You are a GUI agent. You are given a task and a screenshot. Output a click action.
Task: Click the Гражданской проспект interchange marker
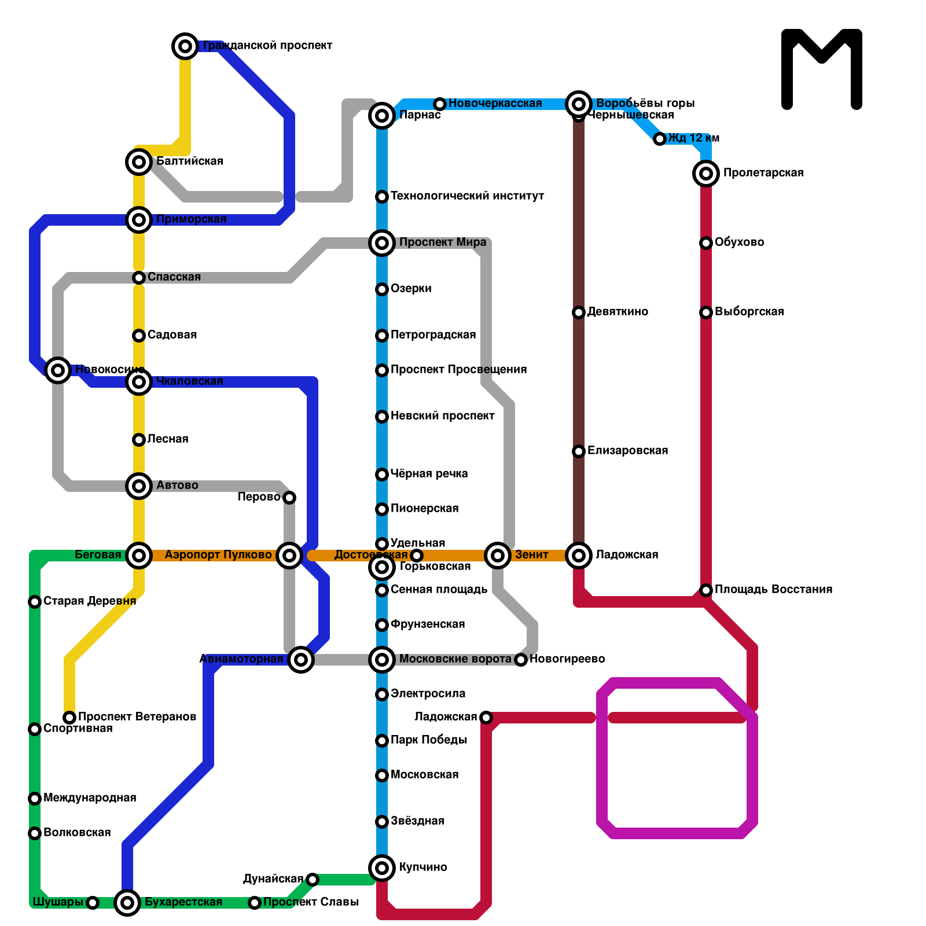pyautogui.click(x=185, y=46)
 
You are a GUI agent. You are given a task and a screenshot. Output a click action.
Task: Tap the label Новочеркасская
pyautogui.click(x=495, y=104)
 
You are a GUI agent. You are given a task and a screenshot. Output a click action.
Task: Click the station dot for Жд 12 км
pyautogui.click(x=660, y=139)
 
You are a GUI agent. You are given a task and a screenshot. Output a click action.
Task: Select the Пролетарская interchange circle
pyautogui.click(x=706, y=173)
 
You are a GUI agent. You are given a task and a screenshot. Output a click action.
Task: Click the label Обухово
pyautogui.click(x=739, y=242)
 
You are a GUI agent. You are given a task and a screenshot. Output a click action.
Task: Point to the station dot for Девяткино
pyautogui.click(x=579, y=313)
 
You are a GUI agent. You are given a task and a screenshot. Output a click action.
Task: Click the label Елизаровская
pyautogui.click(x=627, y=451)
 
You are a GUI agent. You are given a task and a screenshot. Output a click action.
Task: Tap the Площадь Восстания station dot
pyautogui.click(x=706, y=590)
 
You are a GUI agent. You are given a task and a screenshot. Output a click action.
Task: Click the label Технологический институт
pyautogui.click(x=467, y=196)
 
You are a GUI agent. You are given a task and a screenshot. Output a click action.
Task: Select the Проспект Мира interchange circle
pyautogui.click(x=382, y=243)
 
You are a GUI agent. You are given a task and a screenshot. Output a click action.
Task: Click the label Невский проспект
pyautogui.click(x=442, y=416)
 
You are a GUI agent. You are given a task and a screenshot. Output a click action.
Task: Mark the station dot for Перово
pyautogui.click(x=289, y=498)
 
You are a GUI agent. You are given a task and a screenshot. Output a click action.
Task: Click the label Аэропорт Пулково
pyautogui.click(x=218, y=555)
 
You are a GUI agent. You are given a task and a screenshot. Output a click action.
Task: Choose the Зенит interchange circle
pyautogui.click(x=498, y=556)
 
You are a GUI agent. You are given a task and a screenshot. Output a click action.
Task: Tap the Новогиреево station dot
pyautogui.click(x=521, y=660)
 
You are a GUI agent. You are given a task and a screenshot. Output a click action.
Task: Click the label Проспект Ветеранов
pyautogui.click(x=137, y=717)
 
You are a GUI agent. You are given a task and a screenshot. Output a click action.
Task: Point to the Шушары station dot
pyautogui.click(x=93, y=903)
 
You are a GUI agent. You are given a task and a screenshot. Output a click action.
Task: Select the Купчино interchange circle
pyautogui.click(x=382, y=868)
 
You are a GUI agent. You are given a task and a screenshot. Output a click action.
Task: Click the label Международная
pyautogui.click(x=90, y=798)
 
